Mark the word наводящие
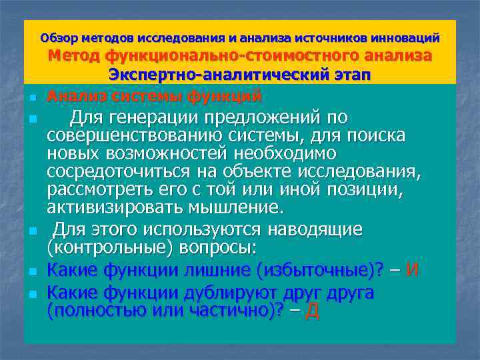315,229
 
